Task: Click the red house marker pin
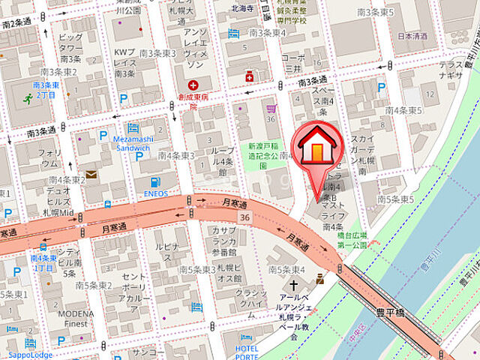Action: (x=318, y=150)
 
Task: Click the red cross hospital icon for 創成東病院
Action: (x=194, y=85)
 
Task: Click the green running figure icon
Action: (x=28, y=97)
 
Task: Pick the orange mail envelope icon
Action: (x=91, y=174)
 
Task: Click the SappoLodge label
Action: (x=26, y=355)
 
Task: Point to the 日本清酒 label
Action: (x=412, y=35)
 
